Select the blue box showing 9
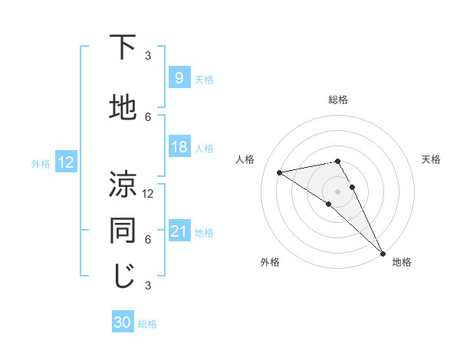point(179,77)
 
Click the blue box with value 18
point(179,147)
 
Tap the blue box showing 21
point(179,231)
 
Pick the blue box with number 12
point(66,162)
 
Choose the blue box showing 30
point(123,322)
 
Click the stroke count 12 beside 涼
point(148,193)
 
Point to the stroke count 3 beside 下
point(148,55)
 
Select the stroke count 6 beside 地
point(148,116)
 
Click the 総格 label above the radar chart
point(337,100)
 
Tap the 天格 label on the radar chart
point(431,159)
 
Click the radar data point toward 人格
point(280,172)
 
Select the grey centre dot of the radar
point(337,191)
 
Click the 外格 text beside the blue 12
point(40,163)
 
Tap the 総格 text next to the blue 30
point(147,324)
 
